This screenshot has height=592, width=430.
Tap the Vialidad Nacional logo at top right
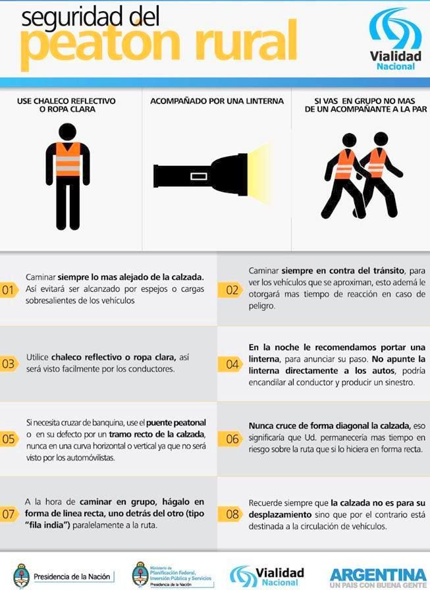395,40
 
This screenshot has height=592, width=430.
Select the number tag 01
9,290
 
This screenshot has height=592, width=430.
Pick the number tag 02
230,290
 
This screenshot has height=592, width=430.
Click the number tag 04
230,364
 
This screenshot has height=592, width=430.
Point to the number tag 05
9,439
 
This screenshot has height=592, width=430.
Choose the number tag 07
9,514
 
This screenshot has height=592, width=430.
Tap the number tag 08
230,514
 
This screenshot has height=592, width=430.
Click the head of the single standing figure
68,132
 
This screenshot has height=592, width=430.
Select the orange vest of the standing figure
68,159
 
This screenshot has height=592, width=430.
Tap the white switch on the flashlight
199,176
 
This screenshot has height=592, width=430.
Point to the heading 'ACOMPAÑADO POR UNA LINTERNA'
217,101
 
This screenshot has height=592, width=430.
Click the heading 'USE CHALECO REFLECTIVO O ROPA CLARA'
67,105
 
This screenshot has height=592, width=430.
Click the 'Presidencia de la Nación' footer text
72,576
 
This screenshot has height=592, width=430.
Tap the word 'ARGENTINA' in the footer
378,576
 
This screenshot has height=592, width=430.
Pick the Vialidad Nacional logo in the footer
267,576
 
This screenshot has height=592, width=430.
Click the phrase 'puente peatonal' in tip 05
176,423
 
